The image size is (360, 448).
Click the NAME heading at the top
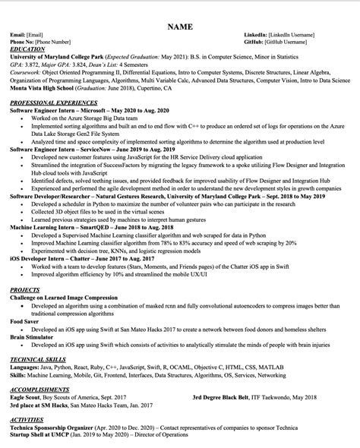tap(179, 27)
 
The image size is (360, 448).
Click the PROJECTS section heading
tap(25, 290)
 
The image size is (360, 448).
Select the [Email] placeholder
tap(35, 36)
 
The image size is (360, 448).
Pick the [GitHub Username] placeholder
tap(290, 43)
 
